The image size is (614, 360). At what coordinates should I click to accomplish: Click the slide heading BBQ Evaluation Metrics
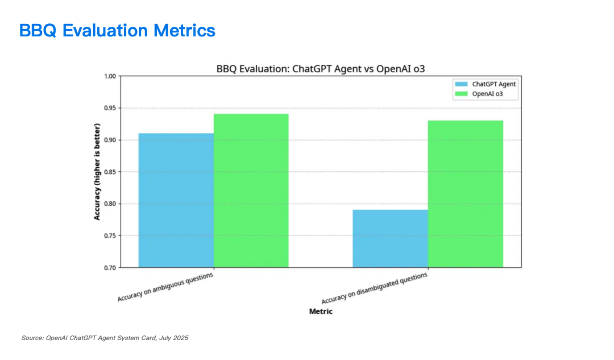click(x=117, y=30)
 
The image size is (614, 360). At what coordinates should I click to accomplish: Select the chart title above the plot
click(x=321, y=69)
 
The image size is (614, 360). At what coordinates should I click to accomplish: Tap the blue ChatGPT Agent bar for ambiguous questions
click(x=176, y=200)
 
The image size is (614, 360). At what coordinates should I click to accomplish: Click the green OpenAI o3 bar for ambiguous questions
click(x=251, y=191)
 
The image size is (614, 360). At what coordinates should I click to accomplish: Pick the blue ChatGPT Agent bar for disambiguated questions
click(x=390, y=238)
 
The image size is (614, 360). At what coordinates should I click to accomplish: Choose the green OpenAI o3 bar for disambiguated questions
click(x=465, y=194)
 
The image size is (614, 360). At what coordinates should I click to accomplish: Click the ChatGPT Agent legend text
click(x=494, y=84)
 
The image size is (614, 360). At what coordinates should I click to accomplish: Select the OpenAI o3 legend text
click(x=487, y=93)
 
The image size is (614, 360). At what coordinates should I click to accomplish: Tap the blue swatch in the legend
click(x=460, y=84)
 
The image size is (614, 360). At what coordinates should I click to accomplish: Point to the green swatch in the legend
click(x=460, y=93)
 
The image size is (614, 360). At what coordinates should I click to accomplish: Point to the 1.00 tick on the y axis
click(x=109, y=76)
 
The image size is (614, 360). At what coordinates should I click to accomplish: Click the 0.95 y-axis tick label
click(x=109, y=108)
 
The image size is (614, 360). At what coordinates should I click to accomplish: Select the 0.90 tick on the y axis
click(x=109, y=140)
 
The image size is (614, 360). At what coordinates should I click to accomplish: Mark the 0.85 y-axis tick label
click(x=109, y=172)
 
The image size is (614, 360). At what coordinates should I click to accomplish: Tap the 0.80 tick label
click(x=109, y=204)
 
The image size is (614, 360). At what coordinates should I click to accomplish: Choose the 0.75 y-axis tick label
click(x=109, y=235)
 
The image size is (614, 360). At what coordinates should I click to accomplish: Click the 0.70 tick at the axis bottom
click(x=109, y=267)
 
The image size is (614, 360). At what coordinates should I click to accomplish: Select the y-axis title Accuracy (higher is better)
click(x=97, y=171)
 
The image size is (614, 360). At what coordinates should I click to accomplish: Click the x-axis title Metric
click(x=321, y=312)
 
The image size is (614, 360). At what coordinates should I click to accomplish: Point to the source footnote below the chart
click(x=105, y=338)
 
